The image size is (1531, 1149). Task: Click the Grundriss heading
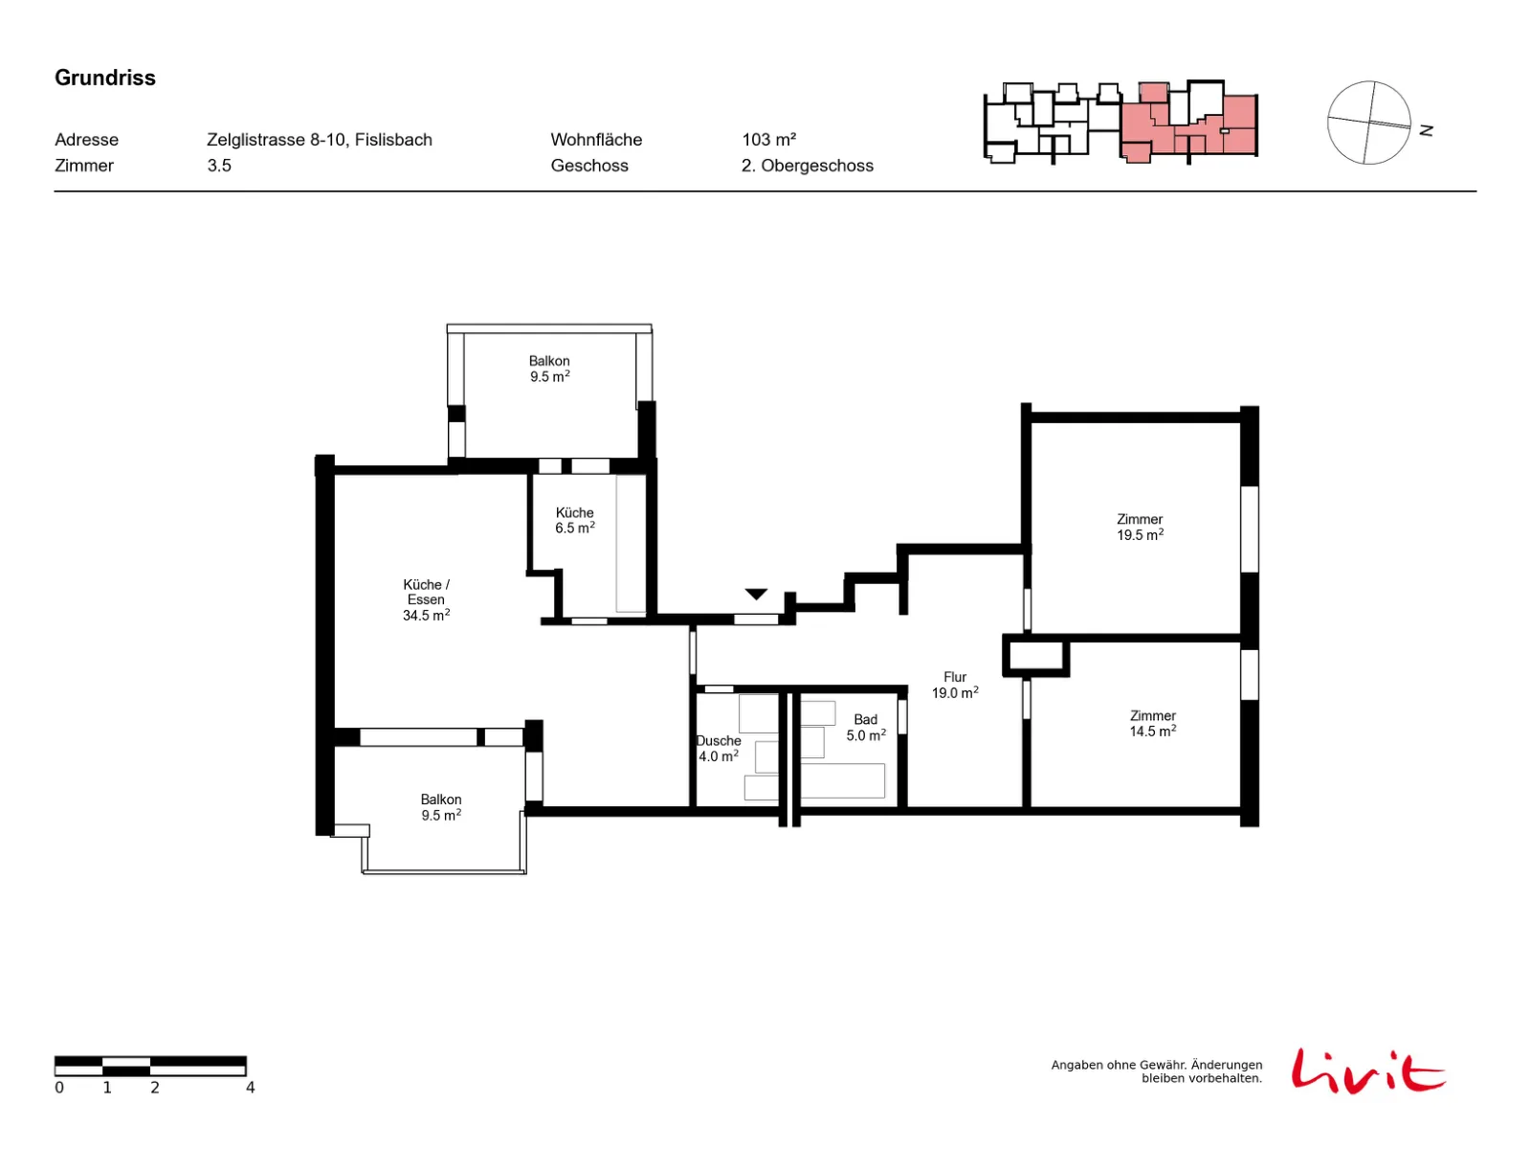[104, 78]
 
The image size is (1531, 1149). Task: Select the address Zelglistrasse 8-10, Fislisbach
[319, 140]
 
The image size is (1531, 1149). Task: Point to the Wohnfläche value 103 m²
[768, 140]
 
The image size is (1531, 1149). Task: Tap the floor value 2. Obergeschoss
[807, 166]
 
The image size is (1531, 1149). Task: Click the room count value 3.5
[219, 166]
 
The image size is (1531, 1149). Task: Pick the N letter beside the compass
[1426, 130]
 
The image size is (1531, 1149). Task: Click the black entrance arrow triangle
[756, 594]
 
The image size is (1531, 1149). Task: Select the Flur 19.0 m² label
[955, 685]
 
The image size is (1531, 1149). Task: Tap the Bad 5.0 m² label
[866, 727]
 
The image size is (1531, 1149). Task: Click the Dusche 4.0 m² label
[719, 749]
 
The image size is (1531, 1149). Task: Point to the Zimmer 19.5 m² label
[1140, 527]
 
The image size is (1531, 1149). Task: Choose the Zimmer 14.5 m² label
[1152, 724]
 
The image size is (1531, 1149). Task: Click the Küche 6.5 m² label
[575, 520]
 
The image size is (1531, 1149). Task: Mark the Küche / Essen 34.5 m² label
[426, 599]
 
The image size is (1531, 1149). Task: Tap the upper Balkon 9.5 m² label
[549, 369]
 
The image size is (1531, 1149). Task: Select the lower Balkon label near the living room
[441, 807]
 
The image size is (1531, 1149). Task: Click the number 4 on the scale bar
[250, 1087]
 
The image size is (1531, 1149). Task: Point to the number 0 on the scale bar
[59, 1087]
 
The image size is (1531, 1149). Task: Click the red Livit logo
[1368, 1070]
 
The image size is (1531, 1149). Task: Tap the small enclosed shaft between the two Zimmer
[1035, 656]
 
